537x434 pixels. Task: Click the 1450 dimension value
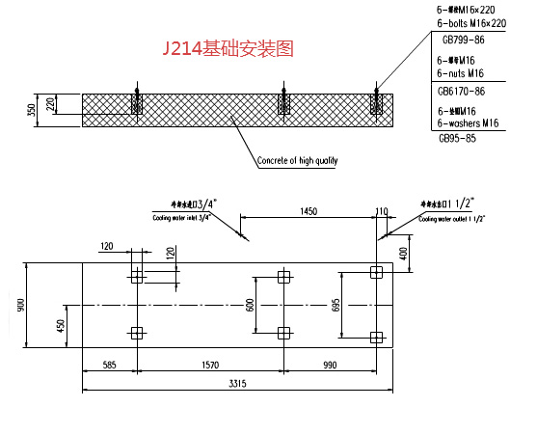(x=308, y=209)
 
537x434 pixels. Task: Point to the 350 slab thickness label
(x=31, y=110)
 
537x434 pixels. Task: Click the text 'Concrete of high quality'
(x=297, y=160)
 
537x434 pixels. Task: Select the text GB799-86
(x=463, y=41)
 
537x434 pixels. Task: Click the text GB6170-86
(x=461, y=91)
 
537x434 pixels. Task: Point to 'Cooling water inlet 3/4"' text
(x=183, y=219)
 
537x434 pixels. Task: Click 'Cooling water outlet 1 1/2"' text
(x=451, y=219)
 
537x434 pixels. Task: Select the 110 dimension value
(x=381, y=209)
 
